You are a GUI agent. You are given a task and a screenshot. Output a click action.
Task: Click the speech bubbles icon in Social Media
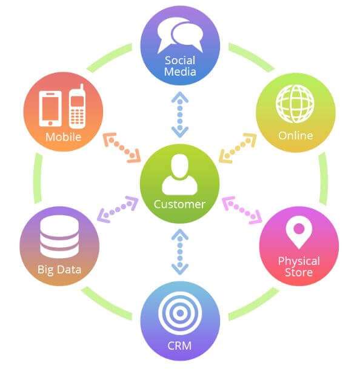pyautogui.click(x=180, y=35)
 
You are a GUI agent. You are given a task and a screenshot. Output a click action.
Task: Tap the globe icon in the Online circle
pyautogui.click(x=295, y=104)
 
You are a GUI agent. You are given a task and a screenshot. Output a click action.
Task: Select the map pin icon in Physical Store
pyautogui.click(x=299, y=232)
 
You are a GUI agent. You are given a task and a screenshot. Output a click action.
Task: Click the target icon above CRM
pyautogui.click(x=180, y=313)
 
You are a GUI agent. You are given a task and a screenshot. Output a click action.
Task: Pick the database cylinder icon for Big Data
pyautogui.click(x=59, y=236)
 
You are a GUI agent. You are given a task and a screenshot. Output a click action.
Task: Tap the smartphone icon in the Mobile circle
pyautogui.click(x=50, y=109)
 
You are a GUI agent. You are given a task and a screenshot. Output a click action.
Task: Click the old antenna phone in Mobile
pyautogui.click(x=77, y=106)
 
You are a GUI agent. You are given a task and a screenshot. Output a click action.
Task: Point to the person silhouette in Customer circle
pyautogui.click(x=180, y=175)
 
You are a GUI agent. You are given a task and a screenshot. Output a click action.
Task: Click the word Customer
pyautogui.click(x=179, y=204)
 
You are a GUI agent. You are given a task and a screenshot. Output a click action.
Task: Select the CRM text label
pyautogui.click(x=179, y=346)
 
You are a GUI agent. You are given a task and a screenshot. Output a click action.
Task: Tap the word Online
pyautogui.click(x=295, y=136)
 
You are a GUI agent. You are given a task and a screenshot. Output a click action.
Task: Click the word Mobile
pyautogui.click(x=63, y=137)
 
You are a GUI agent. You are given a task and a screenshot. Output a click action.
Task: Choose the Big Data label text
pyautogui.click(x=59, y=270)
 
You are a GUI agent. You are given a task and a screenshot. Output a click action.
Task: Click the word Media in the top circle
pyautogui.click(x=180, y=72)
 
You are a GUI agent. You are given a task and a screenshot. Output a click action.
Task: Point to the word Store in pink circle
pyautogui.click(x=299, y=272)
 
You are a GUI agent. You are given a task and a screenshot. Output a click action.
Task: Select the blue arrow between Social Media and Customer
pyautogui.click(x=180, y=115)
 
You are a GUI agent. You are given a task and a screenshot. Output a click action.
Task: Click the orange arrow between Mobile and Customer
pyautogui.click(x=122, y=148)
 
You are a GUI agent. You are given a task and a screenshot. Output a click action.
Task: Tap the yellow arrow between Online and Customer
pyautogui.click(x=238, y=148)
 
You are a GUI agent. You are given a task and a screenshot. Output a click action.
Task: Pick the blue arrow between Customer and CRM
pyautogui.click(x=180, y=252)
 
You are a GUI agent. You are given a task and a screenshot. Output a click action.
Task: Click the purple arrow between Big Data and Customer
pyautogui.click(x=118, y=209)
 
